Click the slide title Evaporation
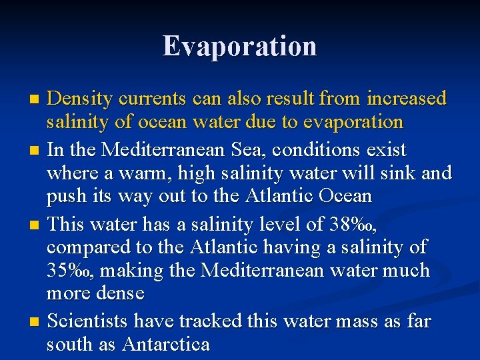tap(240, 46)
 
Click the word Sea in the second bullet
tap(230, 149)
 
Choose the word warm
tap(127, 173)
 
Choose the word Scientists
tap(89, 321)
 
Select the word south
tap(69, 345)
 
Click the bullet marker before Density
tap(35, 100)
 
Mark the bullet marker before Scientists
tap(35, 322)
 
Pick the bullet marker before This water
tap(35, 223)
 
